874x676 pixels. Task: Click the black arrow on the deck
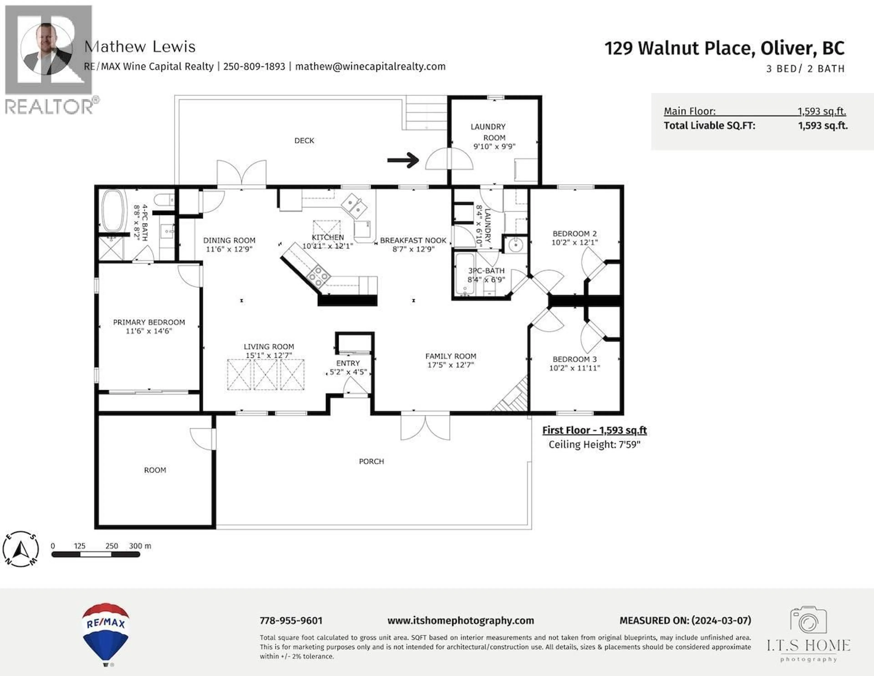pyautogui.click(x=403, y=160)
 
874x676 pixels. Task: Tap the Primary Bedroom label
pyautogui.click(x=149, y=322)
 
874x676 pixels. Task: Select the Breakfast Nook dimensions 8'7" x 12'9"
pyautogui.click(x=413, y=249)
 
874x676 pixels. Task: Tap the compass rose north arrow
pyautogui.click(x=20, y=550)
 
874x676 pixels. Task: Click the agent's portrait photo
pyautogui.click(x=46, y=49)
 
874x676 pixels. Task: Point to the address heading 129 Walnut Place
pyautogui.click(x=724, y=48)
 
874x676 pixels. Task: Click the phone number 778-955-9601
pyautogui.click(x=291, y=620)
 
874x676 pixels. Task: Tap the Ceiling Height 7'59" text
pyautogui.click(x=594, y=445)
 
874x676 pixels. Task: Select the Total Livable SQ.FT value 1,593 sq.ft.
pyautogui.click(x=823, y=126)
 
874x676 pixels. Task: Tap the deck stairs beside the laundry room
pyautogui.click(x=426, y=113)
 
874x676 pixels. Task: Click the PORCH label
pyautogui.click(x=371, y=461)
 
